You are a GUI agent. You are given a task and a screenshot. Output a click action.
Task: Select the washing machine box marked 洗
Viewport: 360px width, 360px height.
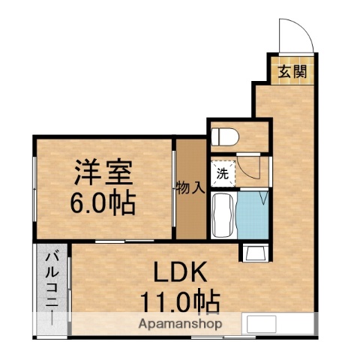click(x=223, y=172)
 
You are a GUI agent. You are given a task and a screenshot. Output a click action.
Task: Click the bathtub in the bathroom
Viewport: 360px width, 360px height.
click(x=223, y=214)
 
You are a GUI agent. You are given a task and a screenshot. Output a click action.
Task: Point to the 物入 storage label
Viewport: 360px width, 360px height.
click(x=190, y=187)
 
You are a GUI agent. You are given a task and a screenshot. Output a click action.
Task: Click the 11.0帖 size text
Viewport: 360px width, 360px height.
click(x=180, y=302)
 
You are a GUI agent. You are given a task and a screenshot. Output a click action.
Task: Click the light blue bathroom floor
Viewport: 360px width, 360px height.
click(x=250, y=216)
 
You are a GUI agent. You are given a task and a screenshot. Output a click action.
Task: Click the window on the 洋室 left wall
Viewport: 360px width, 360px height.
click(x=34, y=187)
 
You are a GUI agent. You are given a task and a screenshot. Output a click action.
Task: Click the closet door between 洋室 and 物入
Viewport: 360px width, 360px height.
click(x=175, y=187)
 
